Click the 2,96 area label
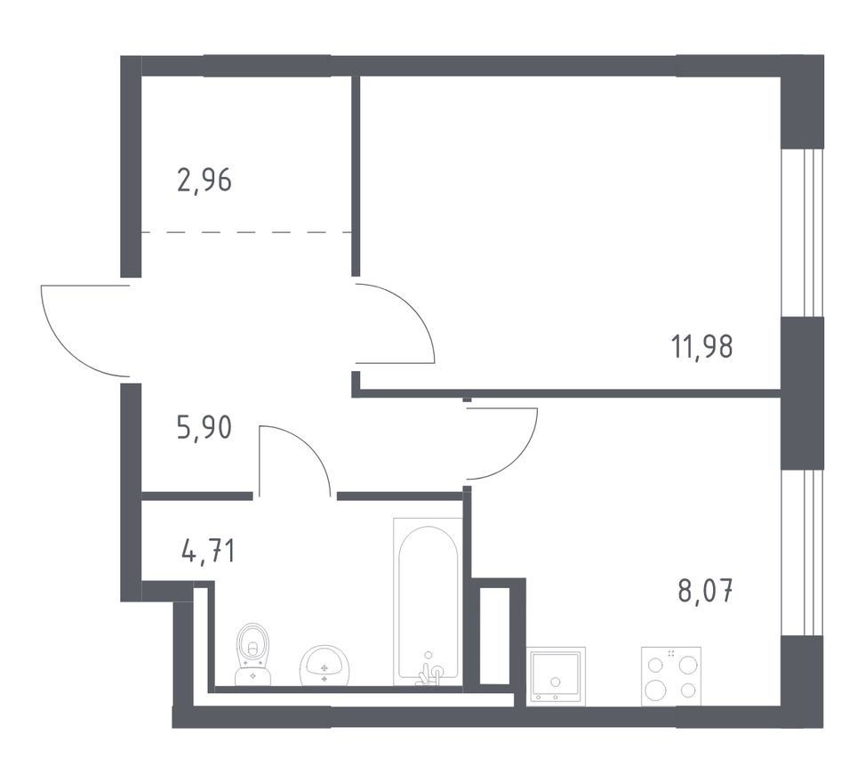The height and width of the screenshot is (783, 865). tap(204, 180)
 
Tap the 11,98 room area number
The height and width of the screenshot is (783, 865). tap(702, 347)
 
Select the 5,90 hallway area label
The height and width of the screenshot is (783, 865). tap(204, 427)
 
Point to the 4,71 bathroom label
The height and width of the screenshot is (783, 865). tap(208, 551)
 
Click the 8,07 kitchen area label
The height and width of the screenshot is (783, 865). tap(706, 591)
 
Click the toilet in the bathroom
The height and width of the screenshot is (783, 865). tap(253, 654)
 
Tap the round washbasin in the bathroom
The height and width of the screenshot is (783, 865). tap(324, 666)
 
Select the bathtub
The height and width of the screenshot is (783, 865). tap(428, 601)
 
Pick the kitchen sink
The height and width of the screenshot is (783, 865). tap(557, 676)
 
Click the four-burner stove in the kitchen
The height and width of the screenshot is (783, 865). tap(671, 676)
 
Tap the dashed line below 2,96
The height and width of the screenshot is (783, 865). tap(246, 232)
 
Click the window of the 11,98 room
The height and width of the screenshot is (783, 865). tap(802, 232)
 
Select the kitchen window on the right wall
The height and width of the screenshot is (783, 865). tap(802, 553)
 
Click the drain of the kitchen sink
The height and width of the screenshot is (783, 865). tap(556, 682)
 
